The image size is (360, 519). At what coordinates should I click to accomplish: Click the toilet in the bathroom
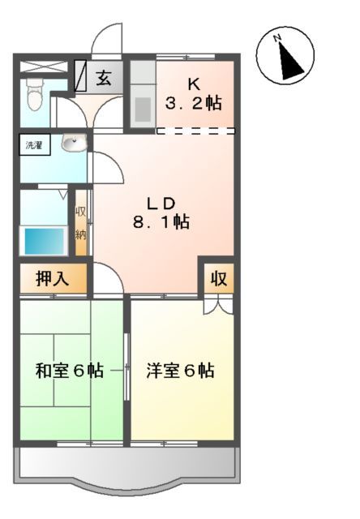(x=34, y=97)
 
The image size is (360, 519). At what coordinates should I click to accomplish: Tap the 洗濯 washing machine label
(x=34, y=146)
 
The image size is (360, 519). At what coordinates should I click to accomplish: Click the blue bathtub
(x=44, y=241)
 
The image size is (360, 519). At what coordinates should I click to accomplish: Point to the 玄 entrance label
(x=105, y=79)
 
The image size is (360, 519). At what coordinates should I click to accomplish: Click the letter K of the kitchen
(x=194, y=84)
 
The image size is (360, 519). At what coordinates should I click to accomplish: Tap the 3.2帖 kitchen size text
(x=194, y=104)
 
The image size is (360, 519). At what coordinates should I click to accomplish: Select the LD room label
(x=161, y=202)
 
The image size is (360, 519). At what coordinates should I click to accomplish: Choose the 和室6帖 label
(x=69, y=371)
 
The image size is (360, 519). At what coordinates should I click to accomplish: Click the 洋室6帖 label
(x=180, y=371)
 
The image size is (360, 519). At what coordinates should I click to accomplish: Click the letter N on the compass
(x=277, y=38)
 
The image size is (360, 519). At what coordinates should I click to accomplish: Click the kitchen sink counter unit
(x=143, y=97)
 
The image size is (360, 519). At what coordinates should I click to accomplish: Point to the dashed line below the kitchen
(x=195, y=130)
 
